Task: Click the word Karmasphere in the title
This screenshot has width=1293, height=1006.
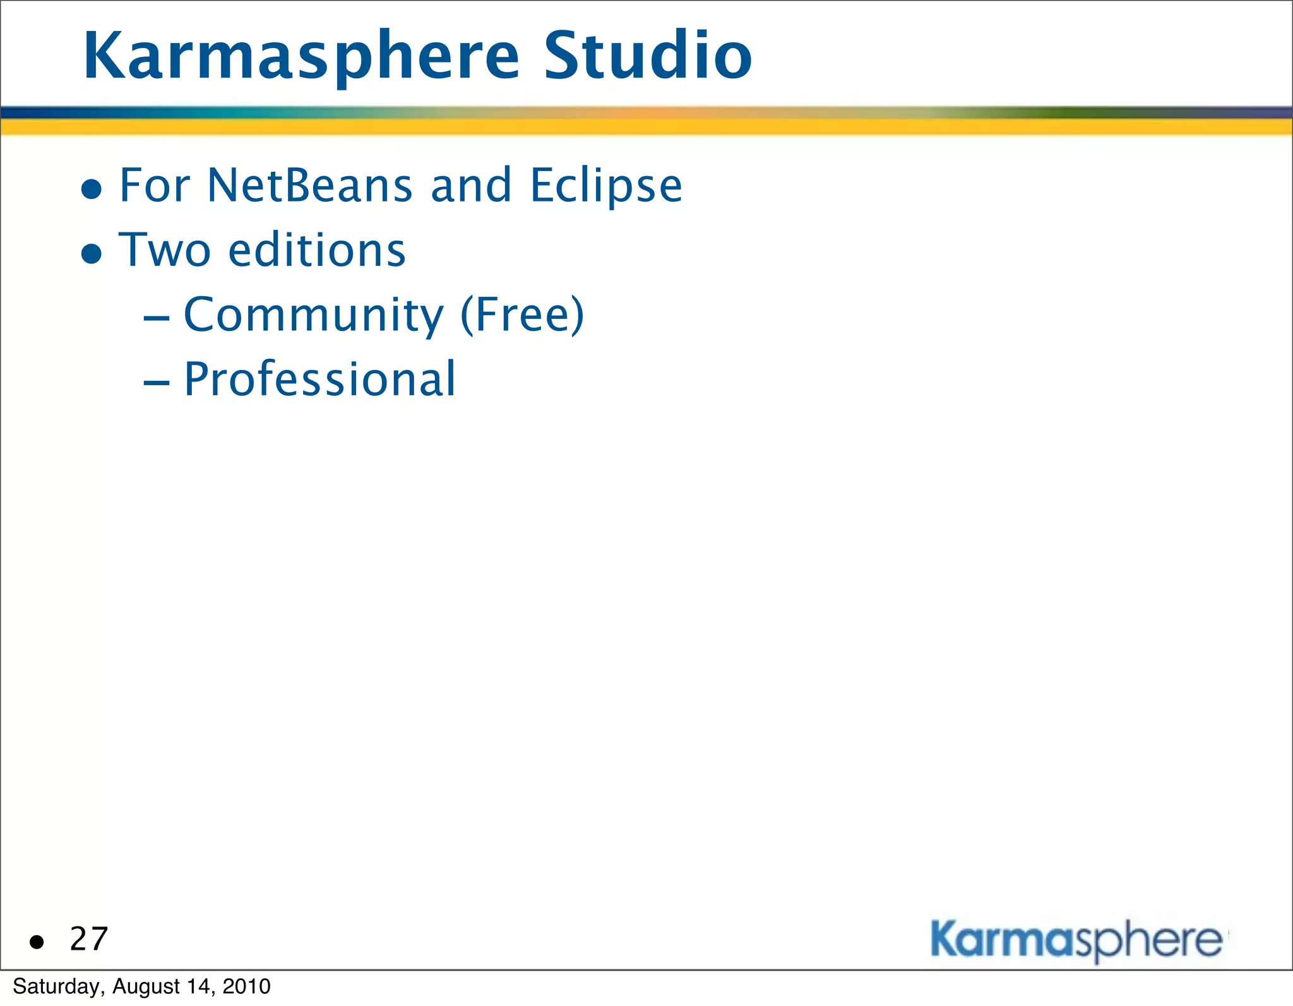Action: tap(301, 57)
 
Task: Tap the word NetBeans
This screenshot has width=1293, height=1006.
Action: tap(310, 186)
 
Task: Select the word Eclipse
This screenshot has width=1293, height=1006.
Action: tap(606, 187)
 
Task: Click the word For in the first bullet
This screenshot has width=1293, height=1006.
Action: tap(155, 186)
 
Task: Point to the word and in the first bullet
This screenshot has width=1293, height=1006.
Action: tap(471, 186)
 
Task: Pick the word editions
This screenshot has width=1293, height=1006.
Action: tap(317, 250)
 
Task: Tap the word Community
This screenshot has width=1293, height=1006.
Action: tap(314, 315)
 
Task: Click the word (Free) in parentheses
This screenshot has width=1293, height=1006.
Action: tap(522, 315)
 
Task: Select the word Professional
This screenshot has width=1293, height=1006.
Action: tap(319, 380)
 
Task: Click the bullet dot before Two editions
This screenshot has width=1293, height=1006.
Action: tap(92, 254)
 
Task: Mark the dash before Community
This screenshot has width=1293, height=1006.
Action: tap(156, 318)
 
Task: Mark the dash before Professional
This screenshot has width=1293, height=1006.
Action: tap(156, 383)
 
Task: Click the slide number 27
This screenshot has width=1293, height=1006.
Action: tap(89, 939)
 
